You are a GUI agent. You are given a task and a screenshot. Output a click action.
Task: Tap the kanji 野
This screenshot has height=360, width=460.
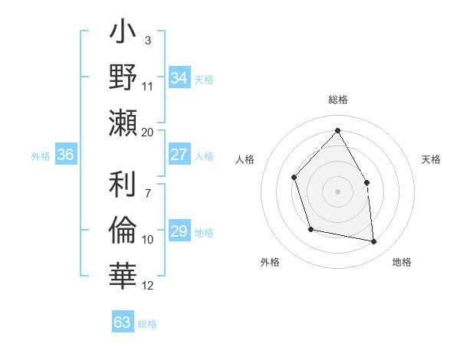coord(123,78)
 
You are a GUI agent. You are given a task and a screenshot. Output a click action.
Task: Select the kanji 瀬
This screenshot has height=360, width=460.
coord(123,122)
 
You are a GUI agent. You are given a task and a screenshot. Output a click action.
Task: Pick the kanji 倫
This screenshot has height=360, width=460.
coord(123,230)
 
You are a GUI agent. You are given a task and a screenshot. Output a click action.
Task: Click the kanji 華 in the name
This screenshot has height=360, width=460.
coord(123,274)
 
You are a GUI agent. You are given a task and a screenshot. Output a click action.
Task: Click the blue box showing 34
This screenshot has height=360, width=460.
coord(179,78)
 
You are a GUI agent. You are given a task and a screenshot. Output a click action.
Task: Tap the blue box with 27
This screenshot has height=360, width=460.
coord(179,155)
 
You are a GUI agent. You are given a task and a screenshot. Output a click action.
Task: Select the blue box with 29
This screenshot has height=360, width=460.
coord(179,231)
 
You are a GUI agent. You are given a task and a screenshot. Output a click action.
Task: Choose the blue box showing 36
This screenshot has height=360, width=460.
coord(66,155)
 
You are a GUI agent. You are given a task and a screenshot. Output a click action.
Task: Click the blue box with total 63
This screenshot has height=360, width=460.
coord(123,322)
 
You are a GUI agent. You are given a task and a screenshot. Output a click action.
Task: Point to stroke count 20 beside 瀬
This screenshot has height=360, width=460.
coord(148,132)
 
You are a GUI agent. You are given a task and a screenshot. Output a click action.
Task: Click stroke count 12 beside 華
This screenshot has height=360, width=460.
coord(148,286)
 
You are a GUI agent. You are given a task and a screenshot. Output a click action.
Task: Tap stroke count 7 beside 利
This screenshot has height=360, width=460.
coord(148,185)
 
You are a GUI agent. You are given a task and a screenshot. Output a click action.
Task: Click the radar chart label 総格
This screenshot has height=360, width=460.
coord(337,100)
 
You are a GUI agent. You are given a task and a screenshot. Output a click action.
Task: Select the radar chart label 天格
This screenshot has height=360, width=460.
coord(432,159)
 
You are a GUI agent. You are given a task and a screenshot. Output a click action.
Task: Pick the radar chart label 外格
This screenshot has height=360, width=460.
coord(270,262)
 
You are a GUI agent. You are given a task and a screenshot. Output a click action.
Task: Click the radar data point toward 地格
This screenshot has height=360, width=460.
coord(374,242)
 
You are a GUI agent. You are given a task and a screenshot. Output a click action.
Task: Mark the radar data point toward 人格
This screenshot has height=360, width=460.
coord(294,178)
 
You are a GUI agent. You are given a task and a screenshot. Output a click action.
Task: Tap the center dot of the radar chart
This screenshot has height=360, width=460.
coord(337,191)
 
